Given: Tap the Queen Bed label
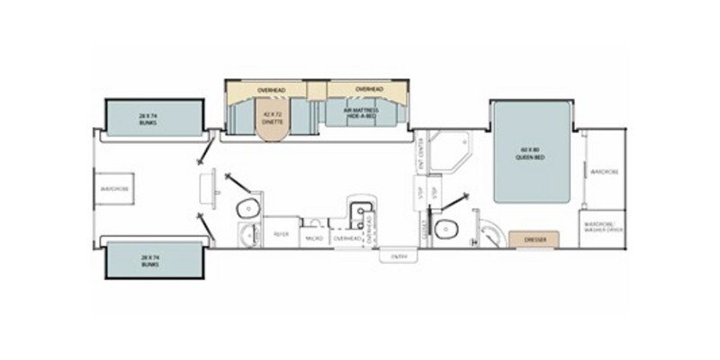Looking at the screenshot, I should click(x=532, y=152).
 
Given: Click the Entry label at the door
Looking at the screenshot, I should click(x=399, y=256).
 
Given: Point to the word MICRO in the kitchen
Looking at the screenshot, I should click(x=314, y=238).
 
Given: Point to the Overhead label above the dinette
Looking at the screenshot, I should click(x=271, y=91).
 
